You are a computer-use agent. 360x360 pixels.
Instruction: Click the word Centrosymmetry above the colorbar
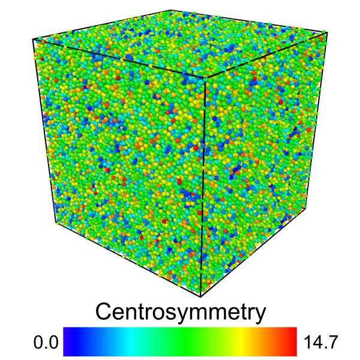tap(180, 312)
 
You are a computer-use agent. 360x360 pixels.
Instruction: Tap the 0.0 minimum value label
tap(45, 343)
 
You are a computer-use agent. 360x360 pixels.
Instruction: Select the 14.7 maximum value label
tap(321, 343)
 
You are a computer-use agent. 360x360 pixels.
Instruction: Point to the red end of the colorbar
tap(292, 342)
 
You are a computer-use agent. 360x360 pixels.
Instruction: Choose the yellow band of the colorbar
tap(240, 342)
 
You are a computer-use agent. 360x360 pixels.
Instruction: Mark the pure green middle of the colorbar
tap(180, 342)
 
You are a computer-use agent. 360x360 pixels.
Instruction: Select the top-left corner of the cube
tap(33, 40)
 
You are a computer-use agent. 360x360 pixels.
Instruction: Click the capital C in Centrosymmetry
tap(105, 312)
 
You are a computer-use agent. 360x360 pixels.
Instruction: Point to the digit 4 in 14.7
tap(319, 343)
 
